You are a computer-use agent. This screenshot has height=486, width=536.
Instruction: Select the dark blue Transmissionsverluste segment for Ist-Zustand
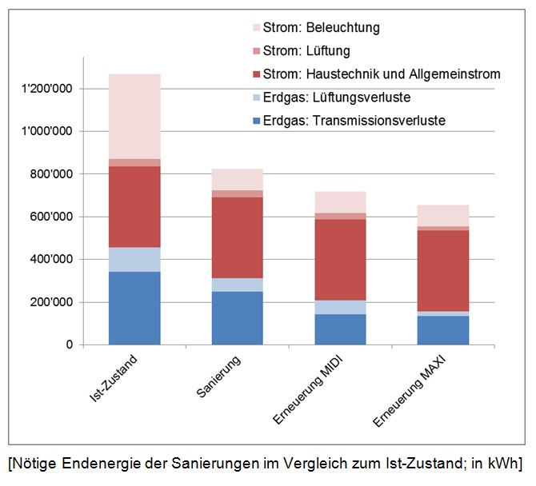[x=134, y=308]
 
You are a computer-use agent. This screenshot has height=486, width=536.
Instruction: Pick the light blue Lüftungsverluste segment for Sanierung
[x=237, y=285]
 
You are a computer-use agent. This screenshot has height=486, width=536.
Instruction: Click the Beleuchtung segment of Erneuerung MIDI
[x=339, y=202]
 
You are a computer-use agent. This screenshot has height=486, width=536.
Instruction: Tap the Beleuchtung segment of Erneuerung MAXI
[x=442, y=215]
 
